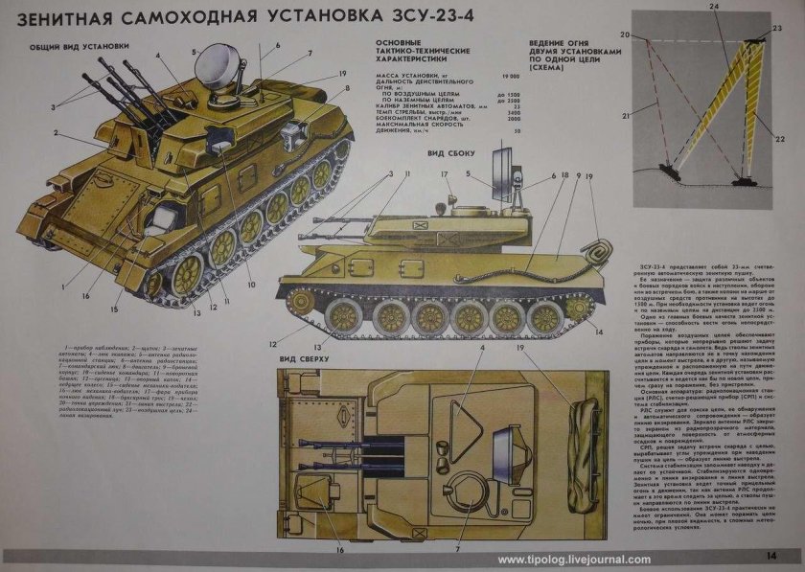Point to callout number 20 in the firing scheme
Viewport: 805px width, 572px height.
[624, 34]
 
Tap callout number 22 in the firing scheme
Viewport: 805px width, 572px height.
[779, 140]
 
